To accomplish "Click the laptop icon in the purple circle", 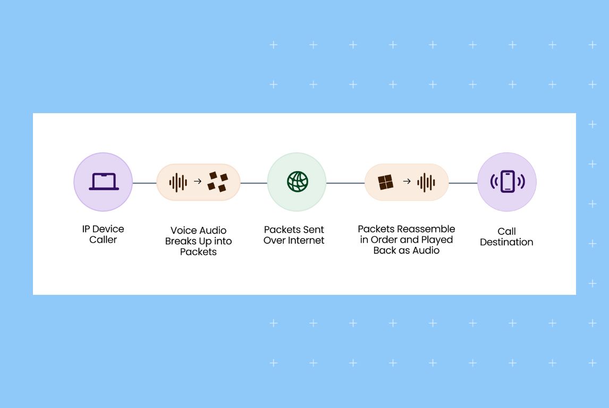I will point(103,182).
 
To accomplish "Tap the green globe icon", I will point(297,182).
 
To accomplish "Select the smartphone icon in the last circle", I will point(507,182).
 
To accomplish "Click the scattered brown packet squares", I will point(217,182).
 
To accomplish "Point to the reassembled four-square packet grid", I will point(386,182).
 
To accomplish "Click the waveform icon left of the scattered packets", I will point(178,182).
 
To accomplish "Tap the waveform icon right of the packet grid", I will point(426,182).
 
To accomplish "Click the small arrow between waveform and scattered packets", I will point(197,182).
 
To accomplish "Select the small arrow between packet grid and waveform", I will point(407,182).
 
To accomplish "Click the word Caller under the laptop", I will point(103,240).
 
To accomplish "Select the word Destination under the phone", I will point(506,242).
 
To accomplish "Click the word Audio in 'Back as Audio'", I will point(426,250).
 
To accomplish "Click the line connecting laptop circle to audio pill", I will point(144,183).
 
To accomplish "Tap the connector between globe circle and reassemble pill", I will point(345,183).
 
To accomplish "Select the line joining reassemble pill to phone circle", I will point(463,183).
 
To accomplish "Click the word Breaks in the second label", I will point(181,241).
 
